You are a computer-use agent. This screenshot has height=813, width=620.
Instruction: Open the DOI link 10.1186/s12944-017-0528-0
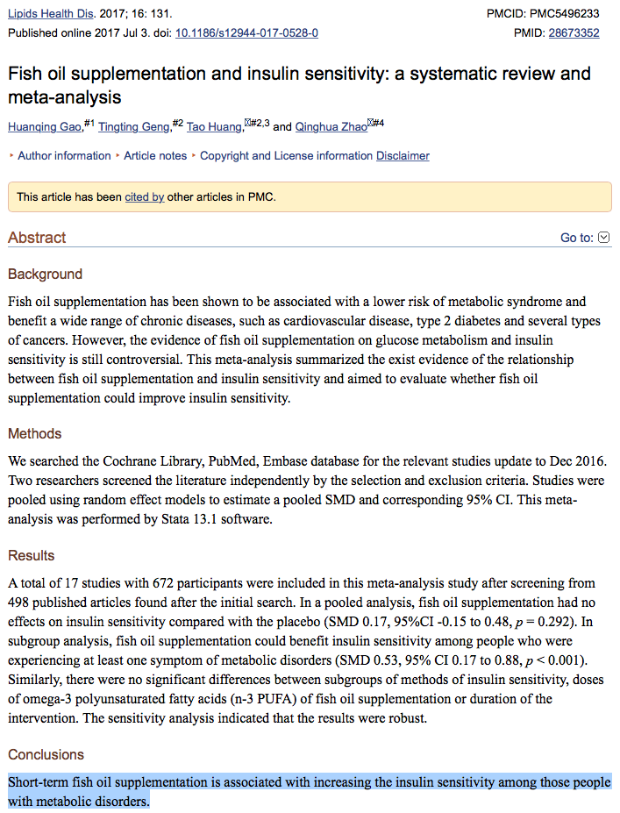(x=246, y=33)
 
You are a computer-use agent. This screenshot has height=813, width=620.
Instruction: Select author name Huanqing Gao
(x=44, y=127)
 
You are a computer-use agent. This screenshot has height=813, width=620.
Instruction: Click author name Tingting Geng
(x=133, y=127)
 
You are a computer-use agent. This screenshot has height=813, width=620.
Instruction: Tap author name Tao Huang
(x=213, y=127)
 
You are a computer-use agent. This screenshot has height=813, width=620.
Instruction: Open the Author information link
(x=64, y=156)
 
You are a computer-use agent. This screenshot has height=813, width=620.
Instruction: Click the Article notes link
(x=155, y=156)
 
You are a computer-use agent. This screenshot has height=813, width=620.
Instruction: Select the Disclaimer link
(x=403, y=156)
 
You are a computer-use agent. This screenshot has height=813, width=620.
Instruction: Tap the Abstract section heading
(x=37, y=238)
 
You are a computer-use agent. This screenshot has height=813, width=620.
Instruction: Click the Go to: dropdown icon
(x=603, y=238)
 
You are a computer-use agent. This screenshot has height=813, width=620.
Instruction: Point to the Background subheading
(x=45, y=275)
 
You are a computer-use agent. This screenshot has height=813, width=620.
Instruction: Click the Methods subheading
(x=35, y=434)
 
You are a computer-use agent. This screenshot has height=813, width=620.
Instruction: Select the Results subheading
(x=32, y=556)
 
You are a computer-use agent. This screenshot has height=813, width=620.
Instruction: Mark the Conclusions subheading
(x=46, y=755)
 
